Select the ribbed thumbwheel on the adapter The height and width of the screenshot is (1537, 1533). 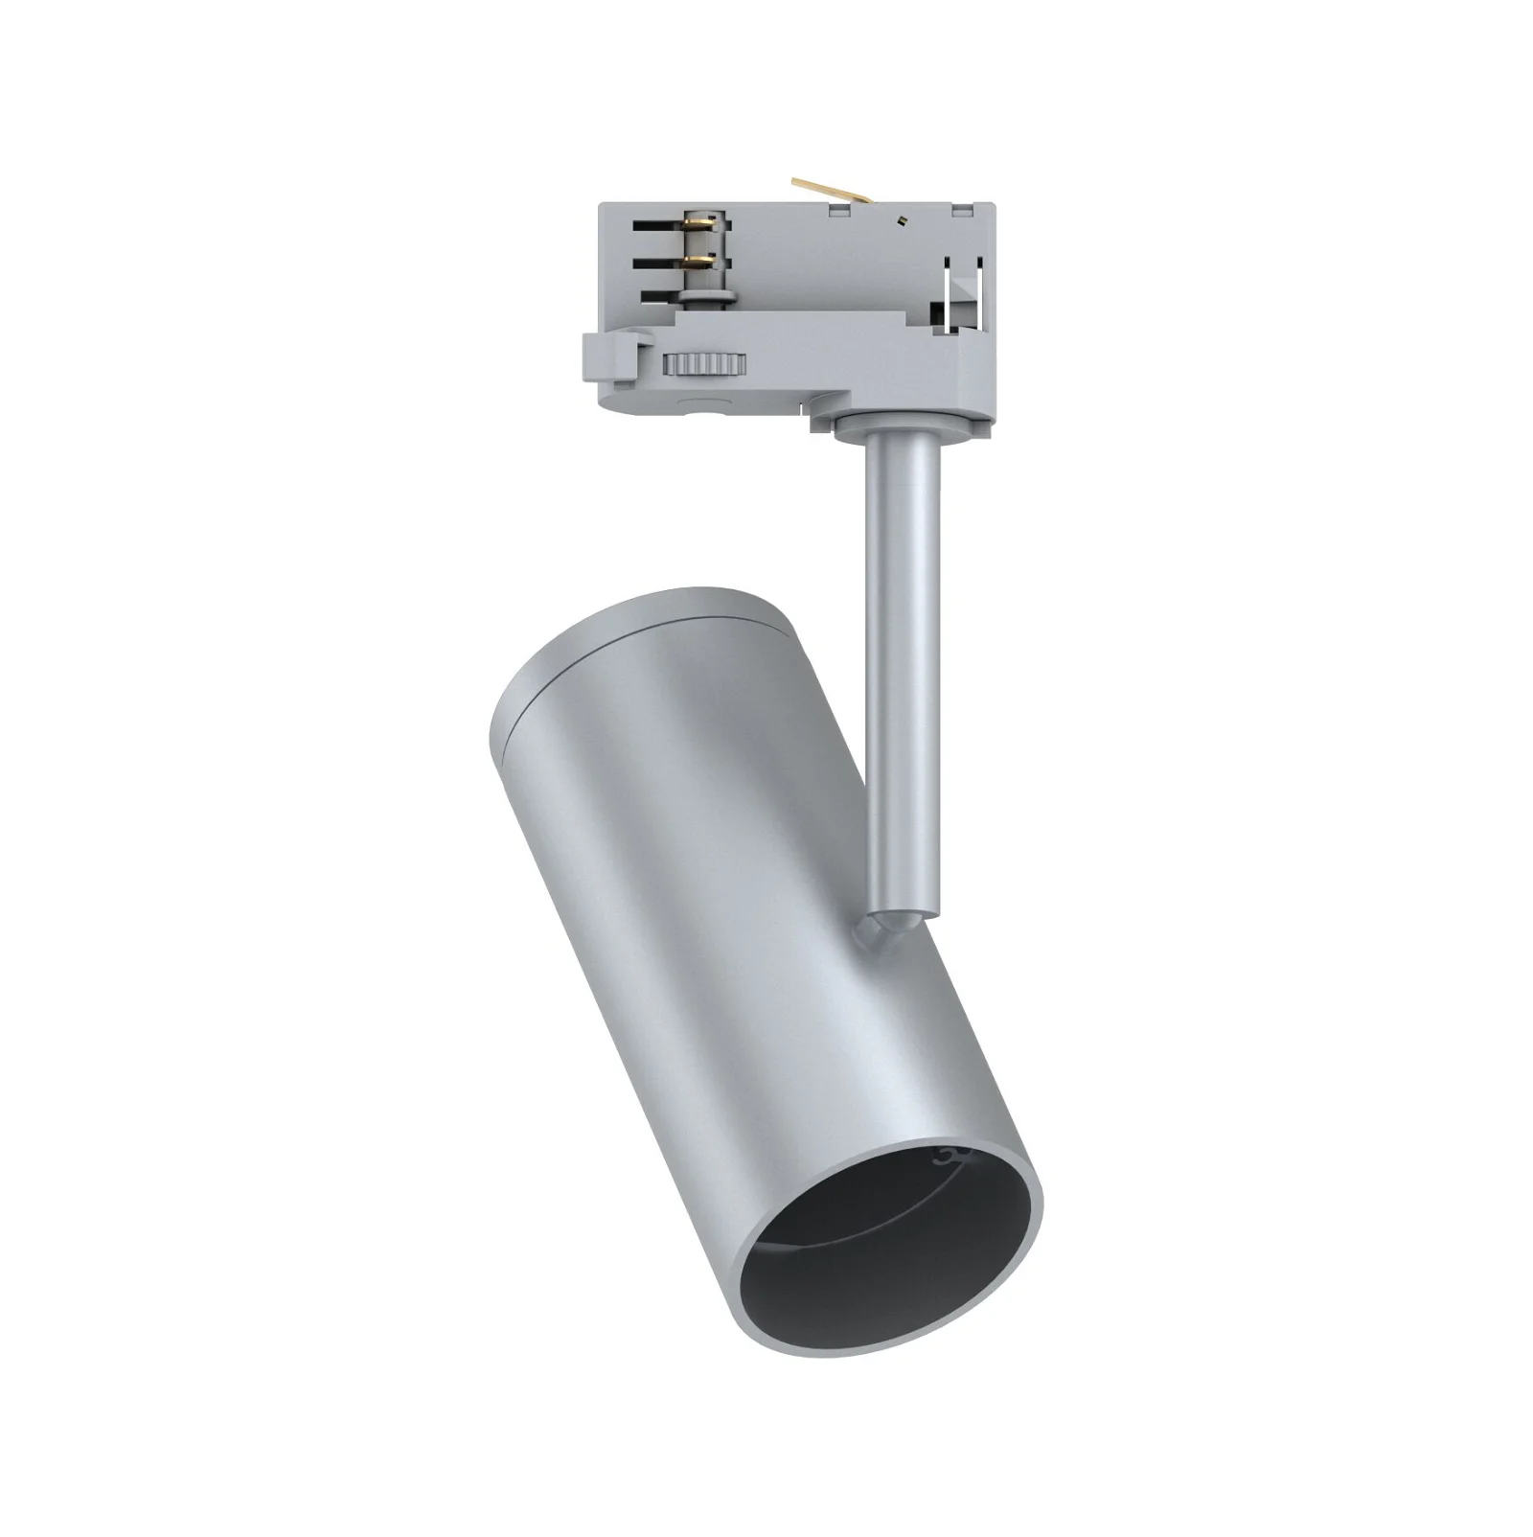[x=704, y=365]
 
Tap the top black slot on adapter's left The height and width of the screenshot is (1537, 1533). [x=657, y=226]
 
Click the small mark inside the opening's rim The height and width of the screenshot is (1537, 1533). [x=949, y=1156]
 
